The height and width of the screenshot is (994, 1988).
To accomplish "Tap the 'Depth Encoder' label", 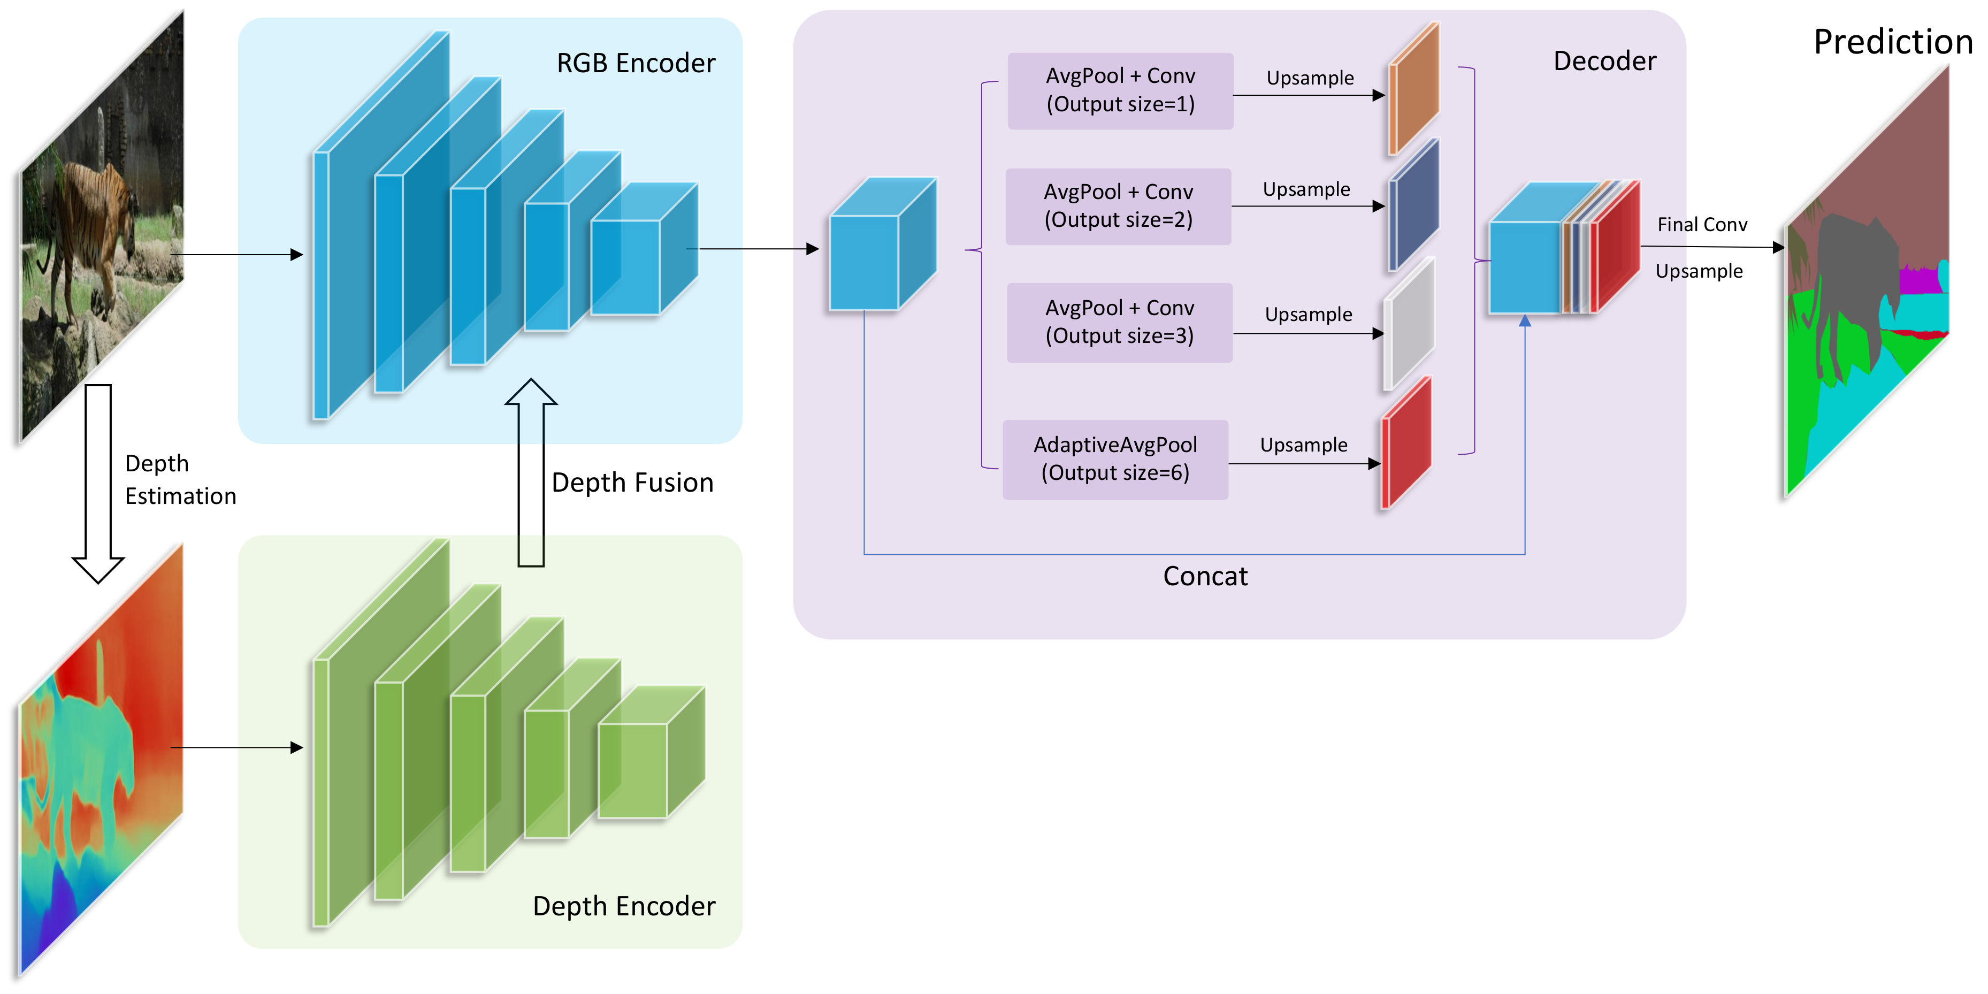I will [624, 906].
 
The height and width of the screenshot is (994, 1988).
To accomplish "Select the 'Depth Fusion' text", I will [632, 483].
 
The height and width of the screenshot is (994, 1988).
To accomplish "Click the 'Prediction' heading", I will [1892, 42].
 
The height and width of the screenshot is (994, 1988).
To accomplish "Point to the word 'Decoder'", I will [1604, 61].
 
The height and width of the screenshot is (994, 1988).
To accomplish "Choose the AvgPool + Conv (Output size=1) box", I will [1120, 91].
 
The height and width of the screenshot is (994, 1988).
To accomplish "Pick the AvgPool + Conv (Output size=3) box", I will [1119, 323].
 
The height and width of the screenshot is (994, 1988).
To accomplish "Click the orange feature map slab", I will [1414, 89].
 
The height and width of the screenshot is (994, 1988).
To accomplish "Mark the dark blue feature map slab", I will [1414, 204].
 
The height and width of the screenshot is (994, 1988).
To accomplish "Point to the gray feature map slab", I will [1409, 324].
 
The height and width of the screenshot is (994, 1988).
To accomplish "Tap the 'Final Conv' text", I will [1702, 225].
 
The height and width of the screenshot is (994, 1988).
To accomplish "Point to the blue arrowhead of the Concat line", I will [1524, 320].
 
